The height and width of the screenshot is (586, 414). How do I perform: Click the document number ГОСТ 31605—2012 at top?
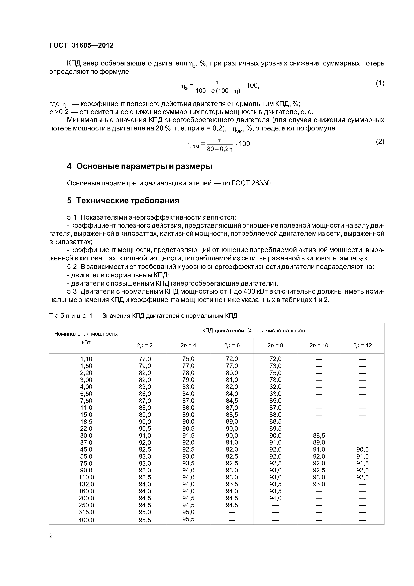[x=81, y=45]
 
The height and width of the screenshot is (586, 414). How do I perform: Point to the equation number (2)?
[x=380, y=141]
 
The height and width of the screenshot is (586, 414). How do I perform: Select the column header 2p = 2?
[x=145, y=346]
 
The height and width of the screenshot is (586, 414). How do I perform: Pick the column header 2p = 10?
[x=319, y=346]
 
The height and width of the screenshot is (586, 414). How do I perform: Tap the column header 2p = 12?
[x=362, y=346]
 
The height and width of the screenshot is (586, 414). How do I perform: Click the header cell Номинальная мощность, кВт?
[x=86, y=338]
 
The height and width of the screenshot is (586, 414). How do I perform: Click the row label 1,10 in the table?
[x=86, y=359]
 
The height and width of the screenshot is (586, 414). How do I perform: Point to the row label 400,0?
[x=86, y=520]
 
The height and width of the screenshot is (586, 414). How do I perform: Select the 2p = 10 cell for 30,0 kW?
[x=319, y=436]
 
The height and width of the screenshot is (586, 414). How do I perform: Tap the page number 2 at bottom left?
[x=51, y=536]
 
